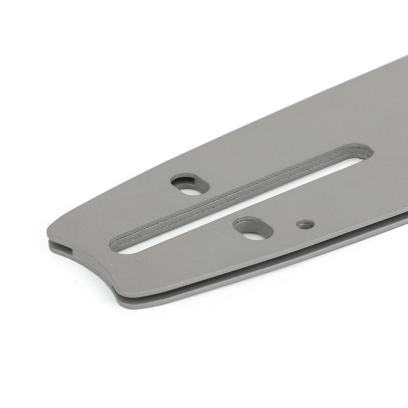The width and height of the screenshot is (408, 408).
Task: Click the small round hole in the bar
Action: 305,224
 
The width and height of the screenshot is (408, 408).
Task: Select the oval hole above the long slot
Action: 190,184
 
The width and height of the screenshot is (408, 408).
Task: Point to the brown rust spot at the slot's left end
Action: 108,251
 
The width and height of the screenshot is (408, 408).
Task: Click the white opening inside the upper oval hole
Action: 192,191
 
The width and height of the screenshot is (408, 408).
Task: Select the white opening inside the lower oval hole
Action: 253,235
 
